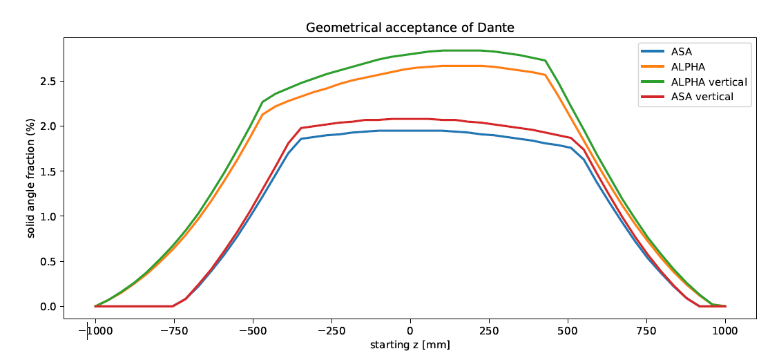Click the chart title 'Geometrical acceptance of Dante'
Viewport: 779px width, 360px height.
click(410, 28)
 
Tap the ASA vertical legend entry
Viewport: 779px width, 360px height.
click(701, 97)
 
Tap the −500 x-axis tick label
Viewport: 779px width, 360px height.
click(253, 331)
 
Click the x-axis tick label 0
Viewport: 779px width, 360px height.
click(410, 331)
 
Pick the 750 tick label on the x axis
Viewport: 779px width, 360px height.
click(646, 331)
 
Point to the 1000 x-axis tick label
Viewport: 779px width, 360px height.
click(725, 331)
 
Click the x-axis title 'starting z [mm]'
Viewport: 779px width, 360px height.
click(410, 345)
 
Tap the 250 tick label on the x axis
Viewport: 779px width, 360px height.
click(489, 331)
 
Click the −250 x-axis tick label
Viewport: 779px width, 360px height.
click(331, 331)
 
